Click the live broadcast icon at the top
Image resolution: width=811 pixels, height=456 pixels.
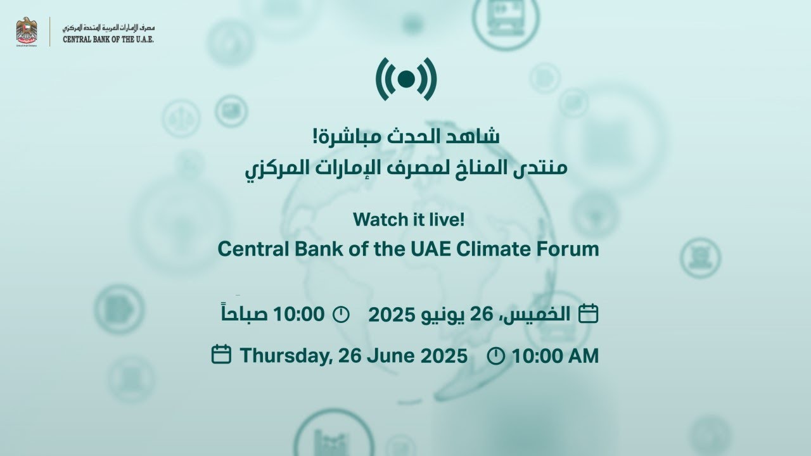point(406,79)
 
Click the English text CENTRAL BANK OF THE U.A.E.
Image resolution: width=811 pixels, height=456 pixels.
point(108,39)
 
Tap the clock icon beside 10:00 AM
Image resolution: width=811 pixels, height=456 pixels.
point(496,356)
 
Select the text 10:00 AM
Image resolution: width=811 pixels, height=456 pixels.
point(555,355)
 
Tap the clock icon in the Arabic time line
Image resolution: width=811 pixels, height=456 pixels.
point(341,313)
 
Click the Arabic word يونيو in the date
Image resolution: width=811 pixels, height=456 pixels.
point(441,313)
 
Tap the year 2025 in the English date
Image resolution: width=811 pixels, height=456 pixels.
point(444,355)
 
